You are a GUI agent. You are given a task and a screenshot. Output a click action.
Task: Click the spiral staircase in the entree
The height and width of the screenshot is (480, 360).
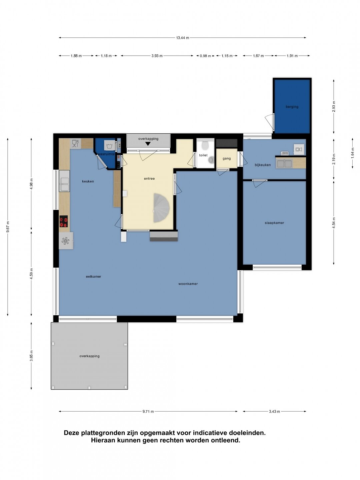(161, 208)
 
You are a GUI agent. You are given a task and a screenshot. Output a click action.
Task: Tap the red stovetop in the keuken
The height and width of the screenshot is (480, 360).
(64, 221)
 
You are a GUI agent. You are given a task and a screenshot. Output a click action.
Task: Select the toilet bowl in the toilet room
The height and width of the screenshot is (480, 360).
(205, 145)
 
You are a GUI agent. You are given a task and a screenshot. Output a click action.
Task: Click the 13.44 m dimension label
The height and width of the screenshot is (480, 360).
(183, 38)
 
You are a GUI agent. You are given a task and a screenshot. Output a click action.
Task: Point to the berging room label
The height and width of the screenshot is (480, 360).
(292, 107)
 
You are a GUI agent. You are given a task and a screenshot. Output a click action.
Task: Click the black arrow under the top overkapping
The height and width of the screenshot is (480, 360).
(148, 144)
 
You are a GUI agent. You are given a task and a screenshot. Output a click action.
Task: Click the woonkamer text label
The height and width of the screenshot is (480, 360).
(188, 284)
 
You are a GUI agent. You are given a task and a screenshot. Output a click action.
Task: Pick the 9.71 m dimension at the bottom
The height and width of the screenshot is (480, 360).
(148, 411)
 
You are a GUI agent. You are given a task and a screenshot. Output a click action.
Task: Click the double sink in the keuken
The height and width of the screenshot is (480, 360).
(64, 181)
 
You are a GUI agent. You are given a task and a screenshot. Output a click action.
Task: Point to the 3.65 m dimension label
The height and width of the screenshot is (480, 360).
(31, 356)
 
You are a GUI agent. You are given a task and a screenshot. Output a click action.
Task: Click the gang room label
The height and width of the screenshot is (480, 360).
(227, 158)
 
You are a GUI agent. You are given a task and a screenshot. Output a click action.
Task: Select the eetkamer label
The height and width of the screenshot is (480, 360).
(93, 276)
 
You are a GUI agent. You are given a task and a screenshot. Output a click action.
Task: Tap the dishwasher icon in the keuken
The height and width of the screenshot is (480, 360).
(75, 143)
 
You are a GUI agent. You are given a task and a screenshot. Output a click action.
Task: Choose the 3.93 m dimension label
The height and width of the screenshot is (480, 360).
(157, 56)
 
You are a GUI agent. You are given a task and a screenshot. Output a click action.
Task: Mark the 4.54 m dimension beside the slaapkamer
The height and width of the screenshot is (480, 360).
(334, 223)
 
